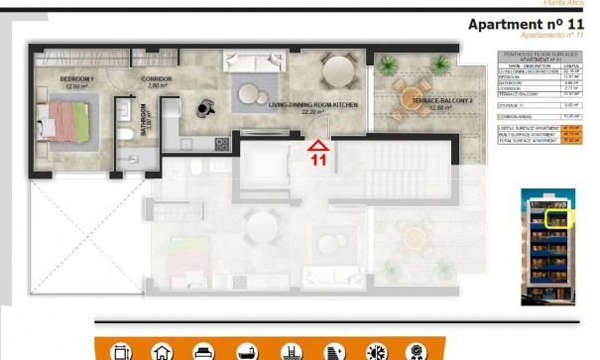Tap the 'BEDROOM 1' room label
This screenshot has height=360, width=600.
point(77,78)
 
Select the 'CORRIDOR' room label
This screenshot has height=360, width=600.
point(157,78)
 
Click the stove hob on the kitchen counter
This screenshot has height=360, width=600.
point(221,144)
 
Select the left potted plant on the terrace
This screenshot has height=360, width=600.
point(385,62)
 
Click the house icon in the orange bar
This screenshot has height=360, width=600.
point(162,352)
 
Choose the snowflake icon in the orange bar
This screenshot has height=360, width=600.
point(378,352)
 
